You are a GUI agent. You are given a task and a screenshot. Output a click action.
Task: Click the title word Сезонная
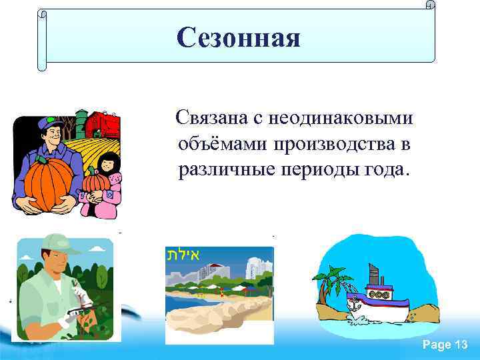[x=239, y=37]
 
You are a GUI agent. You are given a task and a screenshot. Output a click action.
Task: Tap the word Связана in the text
[x=209, y=118]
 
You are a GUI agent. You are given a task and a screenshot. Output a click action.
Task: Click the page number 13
[x=461, y=345]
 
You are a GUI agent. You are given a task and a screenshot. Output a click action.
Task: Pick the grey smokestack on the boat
[x=374, y=273]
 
